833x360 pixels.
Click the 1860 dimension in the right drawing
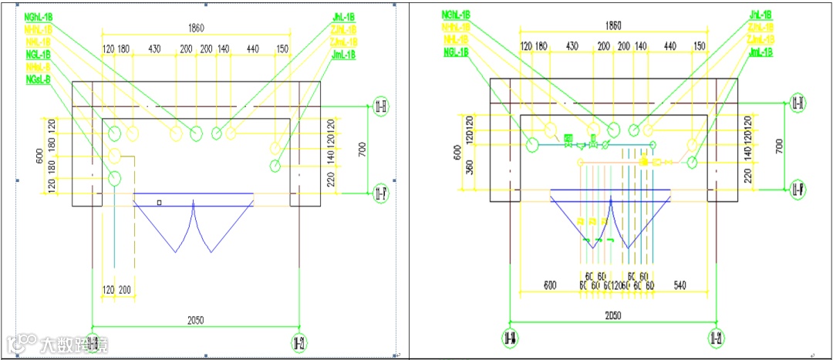[613, 25]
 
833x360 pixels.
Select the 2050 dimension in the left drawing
[196, 320]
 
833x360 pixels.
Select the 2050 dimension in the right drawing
[613, 315]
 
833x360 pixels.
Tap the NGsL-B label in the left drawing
[38, 79]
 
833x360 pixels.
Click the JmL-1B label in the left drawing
[343, 55]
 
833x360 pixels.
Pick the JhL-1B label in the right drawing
[762, 15]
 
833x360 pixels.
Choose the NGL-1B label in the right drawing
[455, 52]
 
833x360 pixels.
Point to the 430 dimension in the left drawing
[155, 50]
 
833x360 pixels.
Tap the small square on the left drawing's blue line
[159, 203]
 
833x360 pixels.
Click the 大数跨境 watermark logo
[59, 344]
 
